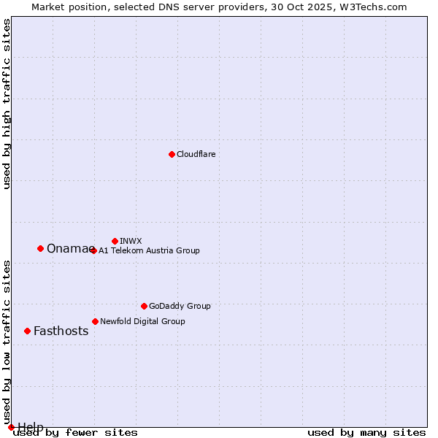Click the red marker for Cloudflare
172,154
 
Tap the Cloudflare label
196,154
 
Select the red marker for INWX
115,241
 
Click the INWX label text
131,241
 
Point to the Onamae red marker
40,248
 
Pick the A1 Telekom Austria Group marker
93,250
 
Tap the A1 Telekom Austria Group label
149,250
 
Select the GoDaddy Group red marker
144,306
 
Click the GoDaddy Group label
180,306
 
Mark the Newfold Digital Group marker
95,321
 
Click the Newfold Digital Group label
142,321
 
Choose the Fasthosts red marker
27,331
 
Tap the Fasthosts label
61,331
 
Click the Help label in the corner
31,426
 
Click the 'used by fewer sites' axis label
76,433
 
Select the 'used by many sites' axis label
366,433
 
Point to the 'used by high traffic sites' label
7,104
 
